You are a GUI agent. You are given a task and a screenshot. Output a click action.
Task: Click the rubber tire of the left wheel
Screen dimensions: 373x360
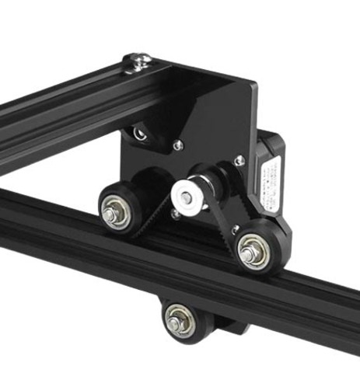(x=103, y=201)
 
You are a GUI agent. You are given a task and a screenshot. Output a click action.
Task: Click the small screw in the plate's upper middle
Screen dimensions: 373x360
(x=178, y=143)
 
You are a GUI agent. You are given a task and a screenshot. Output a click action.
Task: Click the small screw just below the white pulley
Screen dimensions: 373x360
(x=178, y=214)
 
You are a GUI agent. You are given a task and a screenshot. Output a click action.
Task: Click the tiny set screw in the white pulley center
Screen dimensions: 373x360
(x=187, y=198)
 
